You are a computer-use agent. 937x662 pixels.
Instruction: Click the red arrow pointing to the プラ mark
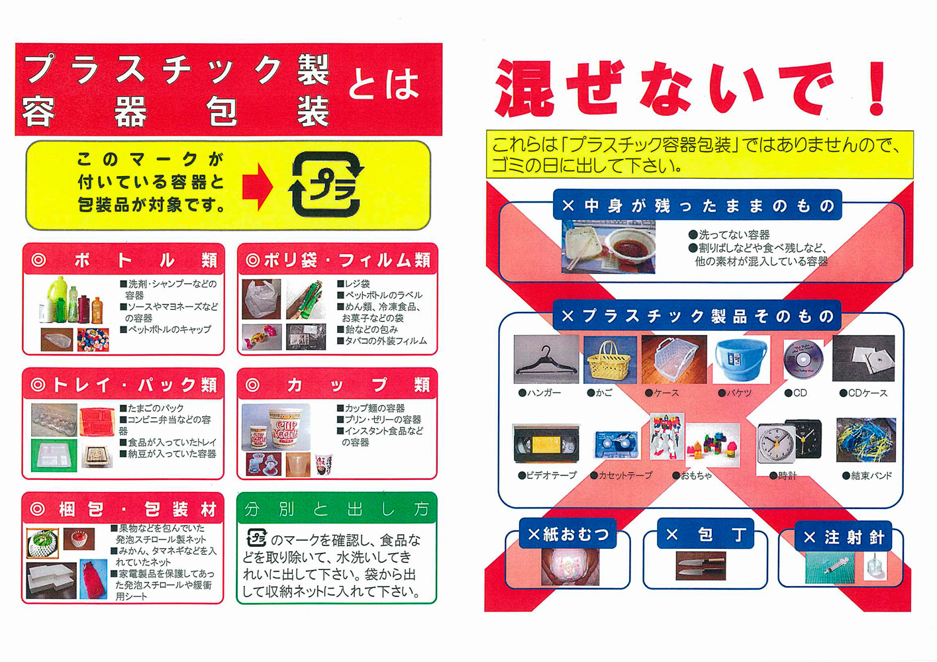point(257,187)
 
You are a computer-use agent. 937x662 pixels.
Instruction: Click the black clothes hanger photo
point(546,359)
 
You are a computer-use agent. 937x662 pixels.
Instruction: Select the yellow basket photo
point(610,359)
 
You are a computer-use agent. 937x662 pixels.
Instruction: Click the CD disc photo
point(803,359)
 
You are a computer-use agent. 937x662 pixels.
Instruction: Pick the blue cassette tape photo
point(616,445)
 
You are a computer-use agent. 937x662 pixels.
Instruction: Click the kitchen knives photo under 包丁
point(700,566)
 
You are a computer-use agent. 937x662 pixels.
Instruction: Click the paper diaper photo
point(569,567)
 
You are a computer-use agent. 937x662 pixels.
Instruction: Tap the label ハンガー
point(540,393)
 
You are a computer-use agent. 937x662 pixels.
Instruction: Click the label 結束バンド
point(867,475)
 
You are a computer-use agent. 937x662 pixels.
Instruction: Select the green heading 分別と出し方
point(336,509)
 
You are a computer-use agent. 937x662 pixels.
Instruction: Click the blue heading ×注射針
point(844,538)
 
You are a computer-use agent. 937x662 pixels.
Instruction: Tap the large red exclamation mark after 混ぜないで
point(875,88)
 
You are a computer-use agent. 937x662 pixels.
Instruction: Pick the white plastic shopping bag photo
point(262,299)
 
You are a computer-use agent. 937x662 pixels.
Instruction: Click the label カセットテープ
point(621,475)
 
